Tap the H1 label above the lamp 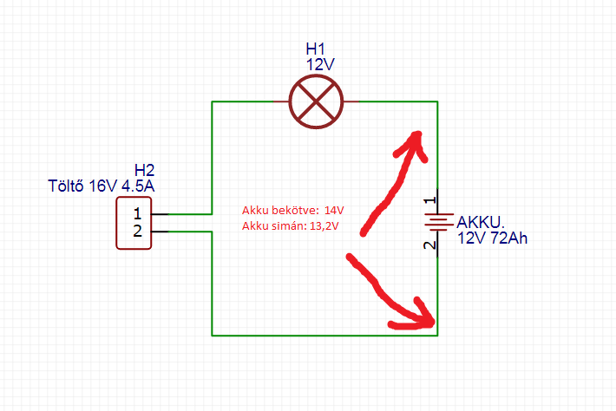point(316,49)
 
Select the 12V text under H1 point(320,64)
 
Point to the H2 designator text point(144,170)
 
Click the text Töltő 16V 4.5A point(102,186)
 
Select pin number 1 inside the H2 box point(137,214)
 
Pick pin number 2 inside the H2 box point(137,231)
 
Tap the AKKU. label point(480,223)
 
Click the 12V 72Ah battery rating point(492,238)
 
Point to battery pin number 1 point(429,200)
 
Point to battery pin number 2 point(429,245)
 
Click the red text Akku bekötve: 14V point(292,211)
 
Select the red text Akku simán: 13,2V point(290,226)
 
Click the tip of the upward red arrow point(418,134)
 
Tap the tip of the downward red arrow point(433,323)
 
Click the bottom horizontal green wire point(324,336)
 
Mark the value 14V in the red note point(334,211)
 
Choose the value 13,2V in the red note point(324,226)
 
